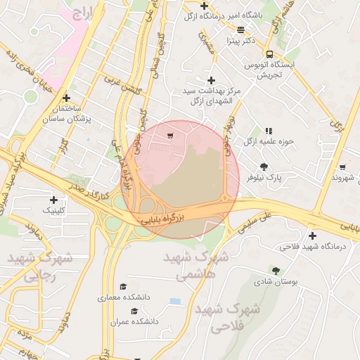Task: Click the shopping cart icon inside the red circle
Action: point(171,135)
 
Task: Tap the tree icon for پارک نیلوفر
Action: point(264,167)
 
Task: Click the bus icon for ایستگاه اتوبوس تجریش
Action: point(269,54)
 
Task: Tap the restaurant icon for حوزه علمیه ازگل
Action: point(268,131)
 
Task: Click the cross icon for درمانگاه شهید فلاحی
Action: point(312,236)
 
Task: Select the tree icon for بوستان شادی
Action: point(275,271)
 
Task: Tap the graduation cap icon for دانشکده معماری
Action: point(124,287)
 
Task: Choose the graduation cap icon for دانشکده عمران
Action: point(134,310)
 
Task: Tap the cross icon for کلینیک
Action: point(53,200)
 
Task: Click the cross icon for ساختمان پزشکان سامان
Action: point(67,98)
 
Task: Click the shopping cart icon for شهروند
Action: point(342,167)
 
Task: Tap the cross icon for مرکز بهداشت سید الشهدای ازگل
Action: point(211,81)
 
